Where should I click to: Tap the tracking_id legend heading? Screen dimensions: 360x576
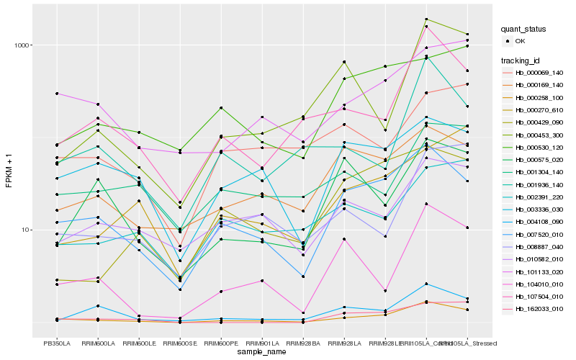[x=521, y=60]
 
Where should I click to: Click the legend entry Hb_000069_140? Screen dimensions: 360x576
[x=539, y=73]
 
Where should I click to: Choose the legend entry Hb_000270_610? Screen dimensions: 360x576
[x=539, y=110]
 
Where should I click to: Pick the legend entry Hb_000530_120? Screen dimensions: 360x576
[x=539, y=148]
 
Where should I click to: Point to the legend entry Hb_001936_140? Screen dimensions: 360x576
[x=539, y=185]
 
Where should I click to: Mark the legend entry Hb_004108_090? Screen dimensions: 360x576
[x=539, y=222]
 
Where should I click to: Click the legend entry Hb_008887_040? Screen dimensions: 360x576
[x=539, y=247]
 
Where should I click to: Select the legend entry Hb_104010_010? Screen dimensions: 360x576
[x=539, y=284]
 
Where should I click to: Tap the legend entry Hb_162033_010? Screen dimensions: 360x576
[x=539, y=309]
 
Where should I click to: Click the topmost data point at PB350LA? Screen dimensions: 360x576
[x=57, y=94]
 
